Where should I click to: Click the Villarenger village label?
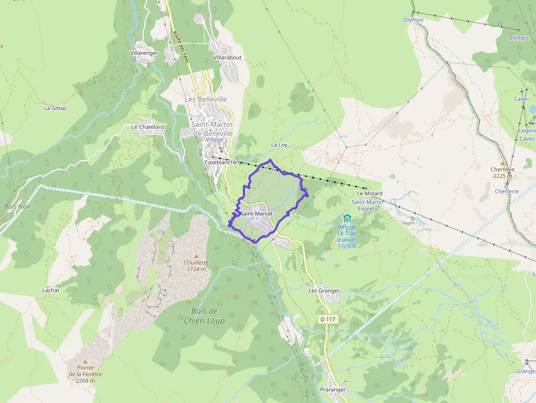tap(144, 53)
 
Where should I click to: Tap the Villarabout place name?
tap(227, 57)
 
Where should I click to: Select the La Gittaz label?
tap(55, 108)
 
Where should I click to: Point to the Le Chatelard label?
tap(148, 127)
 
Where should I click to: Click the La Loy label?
tap(279, 145)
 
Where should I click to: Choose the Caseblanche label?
tap(220, 162)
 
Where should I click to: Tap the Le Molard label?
tap(370, 194)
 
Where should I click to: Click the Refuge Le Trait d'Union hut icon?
tap(347, 219)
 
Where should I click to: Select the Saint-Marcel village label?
tap(256, 213)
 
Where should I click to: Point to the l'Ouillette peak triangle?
tap(196, 255)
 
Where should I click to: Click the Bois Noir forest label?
tap(18, 206)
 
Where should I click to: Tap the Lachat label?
tap(51, 290)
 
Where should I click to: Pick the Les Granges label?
tap(324, 291)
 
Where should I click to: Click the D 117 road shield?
tap(327, 319)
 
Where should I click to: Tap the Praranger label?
tap(333, 390)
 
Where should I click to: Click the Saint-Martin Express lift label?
tap(364, 205)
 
